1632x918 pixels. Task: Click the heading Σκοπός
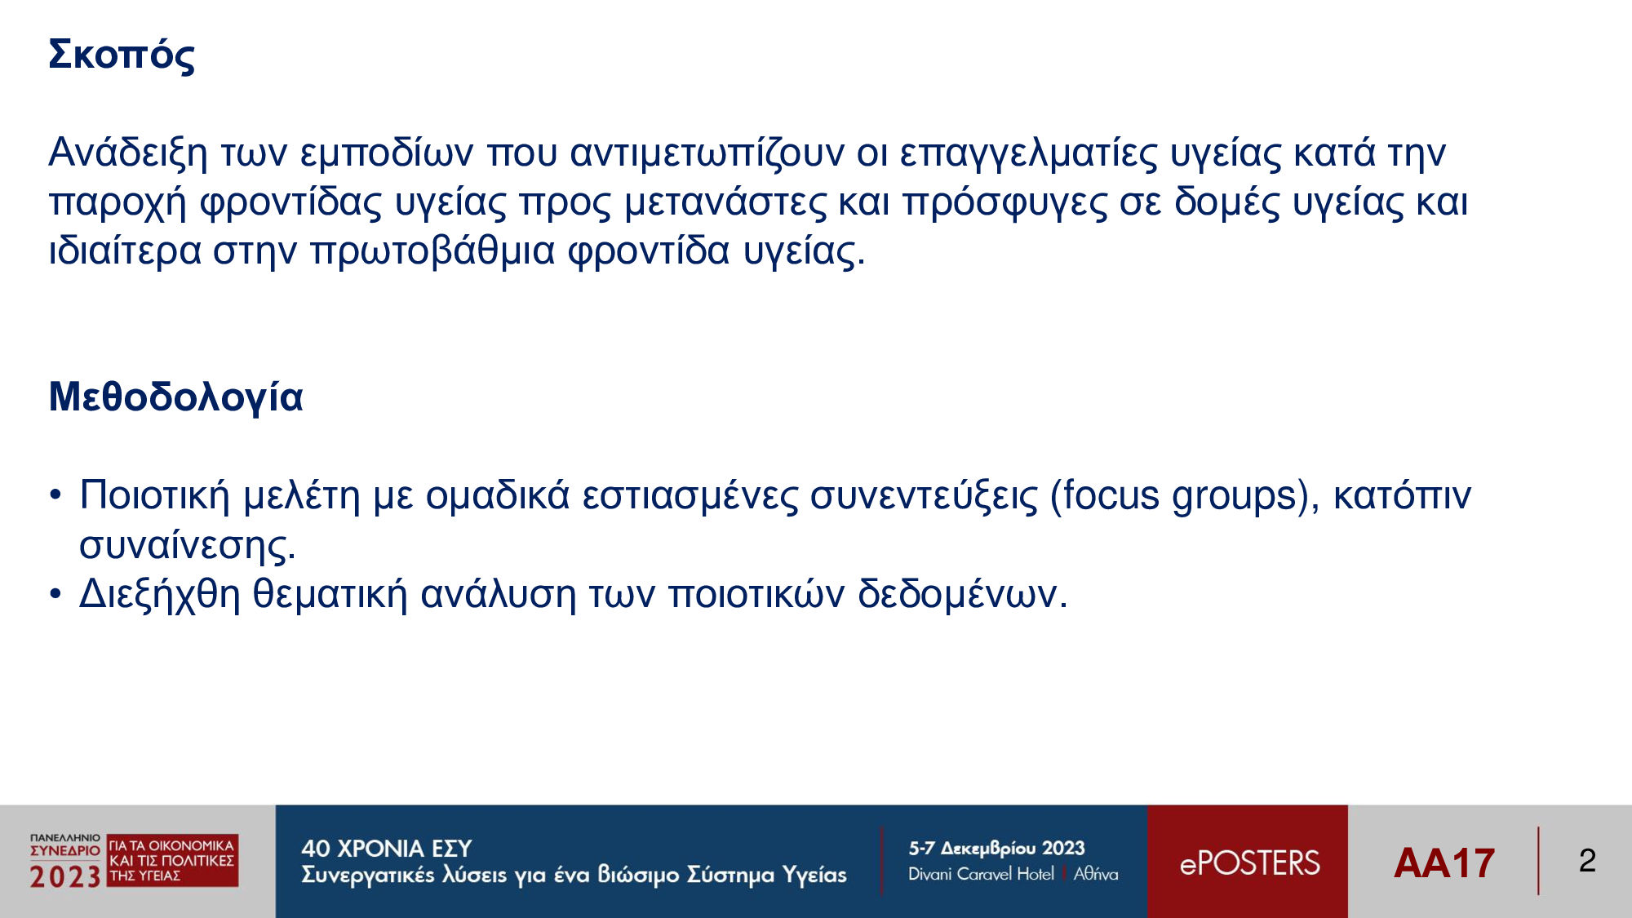pos(122,55)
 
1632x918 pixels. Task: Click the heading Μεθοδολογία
pos(175,397)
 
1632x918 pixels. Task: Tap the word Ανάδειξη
pos(128,153)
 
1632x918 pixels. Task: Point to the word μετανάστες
pos(725,202)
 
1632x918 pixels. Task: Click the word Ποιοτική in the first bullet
pos(155,495)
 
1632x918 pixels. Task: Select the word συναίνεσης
pos(187,545)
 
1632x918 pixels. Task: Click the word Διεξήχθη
pos(159,594)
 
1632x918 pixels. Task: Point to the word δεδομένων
pos(962,594)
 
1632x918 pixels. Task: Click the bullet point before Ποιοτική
pos(55,494)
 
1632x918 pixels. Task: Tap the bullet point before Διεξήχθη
pos(55,593)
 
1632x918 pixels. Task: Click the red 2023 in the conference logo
pos(65,877)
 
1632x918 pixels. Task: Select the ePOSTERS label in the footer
pos(1249,863)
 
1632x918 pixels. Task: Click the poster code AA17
pos(1444,863)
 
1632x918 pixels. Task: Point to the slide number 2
pos(1587,861)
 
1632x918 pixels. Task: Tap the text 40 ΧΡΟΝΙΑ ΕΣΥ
pos(386,849)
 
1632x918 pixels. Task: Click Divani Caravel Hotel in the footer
pos(981,874)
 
